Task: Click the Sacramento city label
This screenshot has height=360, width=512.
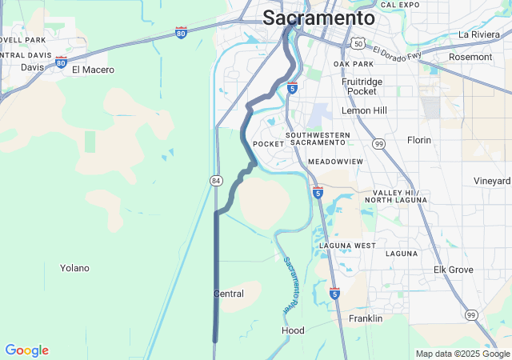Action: (318, 18)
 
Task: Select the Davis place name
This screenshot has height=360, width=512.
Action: (33, 67)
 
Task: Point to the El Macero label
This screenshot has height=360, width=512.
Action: (93, 70)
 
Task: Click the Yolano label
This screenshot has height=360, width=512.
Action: (74, 268)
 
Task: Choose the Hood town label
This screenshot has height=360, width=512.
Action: (293, 330)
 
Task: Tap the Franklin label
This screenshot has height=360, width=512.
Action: (366, 318)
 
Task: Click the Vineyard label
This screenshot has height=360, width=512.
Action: (492, 181)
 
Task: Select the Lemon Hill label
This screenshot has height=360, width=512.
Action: (364, 110)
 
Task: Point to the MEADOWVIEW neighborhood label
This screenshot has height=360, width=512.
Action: (335, 162)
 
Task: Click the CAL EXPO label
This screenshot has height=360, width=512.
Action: (400, 5)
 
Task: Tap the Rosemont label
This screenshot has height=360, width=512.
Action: (471, 58)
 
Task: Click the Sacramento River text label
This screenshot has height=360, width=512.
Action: (291, 285)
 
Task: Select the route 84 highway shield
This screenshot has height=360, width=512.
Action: (216, 181)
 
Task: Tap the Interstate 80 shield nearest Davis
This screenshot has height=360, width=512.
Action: (61, 62)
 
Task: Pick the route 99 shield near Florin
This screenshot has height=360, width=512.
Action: (378, 143)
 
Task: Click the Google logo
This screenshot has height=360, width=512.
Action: (26, 350)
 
